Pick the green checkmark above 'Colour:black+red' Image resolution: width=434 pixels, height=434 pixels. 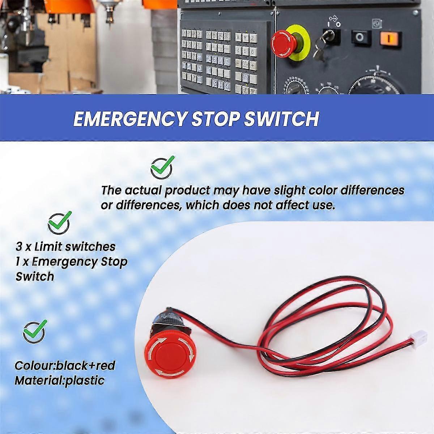tap(34, 331)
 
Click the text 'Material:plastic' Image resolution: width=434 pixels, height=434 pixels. tap(59, 380)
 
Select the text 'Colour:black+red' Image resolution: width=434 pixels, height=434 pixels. tap(65, 366)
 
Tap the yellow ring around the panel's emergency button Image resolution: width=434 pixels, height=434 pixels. tap(302, 51)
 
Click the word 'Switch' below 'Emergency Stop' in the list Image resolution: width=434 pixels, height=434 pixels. tap(35, 277)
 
